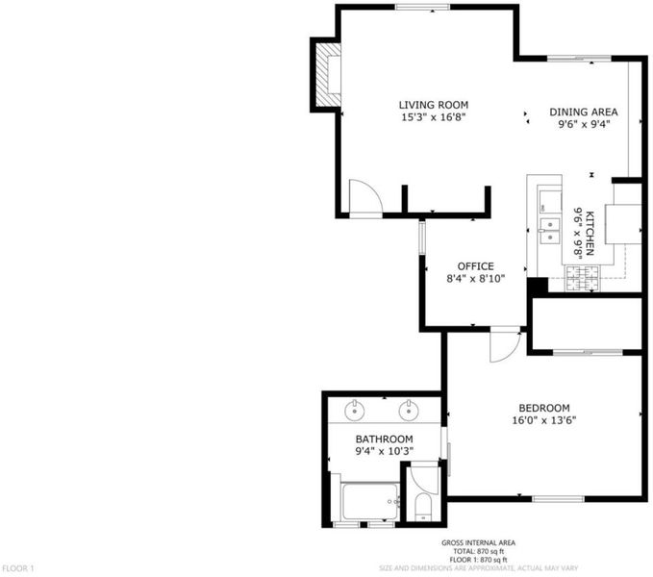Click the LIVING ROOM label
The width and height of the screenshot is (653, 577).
(433, 105)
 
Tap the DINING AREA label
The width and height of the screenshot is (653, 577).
(584, 112)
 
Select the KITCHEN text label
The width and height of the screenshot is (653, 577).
(590, 233)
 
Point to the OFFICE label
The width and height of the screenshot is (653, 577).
(476, 266)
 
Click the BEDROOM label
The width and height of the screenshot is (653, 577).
(544, 408)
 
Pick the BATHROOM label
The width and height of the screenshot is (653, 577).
(384, 439)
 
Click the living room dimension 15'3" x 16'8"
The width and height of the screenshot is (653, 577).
(433, 117)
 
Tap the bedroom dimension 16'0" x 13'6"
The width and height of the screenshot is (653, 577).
(544, 420)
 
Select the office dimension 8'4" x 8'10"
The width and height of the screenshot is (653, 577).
(476, 279)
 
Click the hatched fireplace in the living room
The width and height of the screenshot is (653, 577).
(328, 75)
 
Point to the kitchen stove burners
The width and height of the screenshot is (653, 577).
(582, 278)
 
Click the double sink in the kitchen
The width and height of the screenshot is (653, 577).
(550, 231)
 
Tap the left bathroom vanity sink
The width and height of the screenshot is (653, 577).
(355, 411)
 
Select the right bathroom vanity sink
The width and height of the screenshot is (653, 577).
(409, 411)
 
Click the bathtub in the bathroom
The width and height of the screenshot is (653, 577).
(370, 501)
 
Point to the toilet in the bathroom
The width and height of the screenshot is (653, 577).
(423, 508)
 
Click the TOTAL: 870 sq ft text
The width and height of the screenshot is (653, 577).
(478, 551)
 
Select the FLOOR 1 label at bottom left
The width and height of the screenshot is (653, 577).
(18, 568)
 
